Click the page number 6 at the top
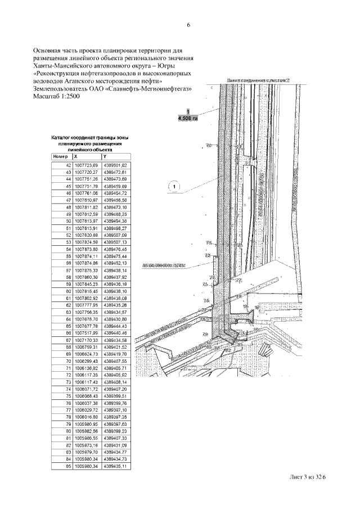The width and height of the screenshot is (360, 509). click(x=188, y=25)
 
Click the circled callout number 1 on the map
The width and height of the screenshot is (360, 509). click(x=174, y=186)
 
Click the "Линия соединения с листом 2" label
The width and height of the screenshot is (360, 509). click(x=258, y=81)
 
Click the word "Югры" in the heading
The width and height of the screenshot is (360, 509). click(x=177, y=65)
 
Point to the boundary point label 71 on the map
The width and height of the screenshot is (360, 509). click(x=208, y=243)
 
